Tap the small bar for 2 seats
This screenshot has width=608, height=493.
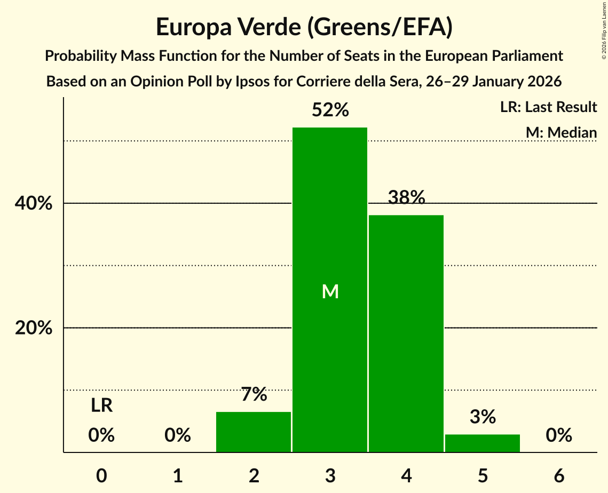pyautogui.click(x=254, y=432)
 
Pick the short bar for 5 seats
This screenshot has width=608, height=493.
pyautogui.click(x=483, y=443)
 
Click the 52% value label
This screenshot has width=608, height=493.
pyautogui.click(x=330, y=110)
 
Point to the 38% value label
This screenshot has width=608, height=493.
pyautogui.click(x=406, y=198)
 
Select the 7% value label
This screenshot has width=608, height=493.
pyautogui.click(x=254, y=395)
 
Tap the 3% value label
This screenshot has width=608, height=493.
pyautogui.click(x=483, y=417)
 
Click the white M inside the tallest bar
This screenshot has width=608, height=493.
pyautogui.click(x=330, y=291)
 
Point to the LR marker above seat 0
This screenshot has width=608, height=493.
pyautogui.click(x=101, y=406)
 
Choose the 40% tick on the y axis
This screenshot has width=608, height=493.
pyautogui.click(x=34, y=204)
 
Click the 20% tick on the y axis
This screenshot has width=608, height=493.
pyautogui.click(x=34, y=328)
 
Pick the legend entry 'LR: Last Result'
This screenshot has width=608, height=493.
pyautogui.click(x=548, y=107)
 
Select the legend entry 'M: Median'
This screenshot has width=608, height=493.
pyautogui.click(x=561, y=132)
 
